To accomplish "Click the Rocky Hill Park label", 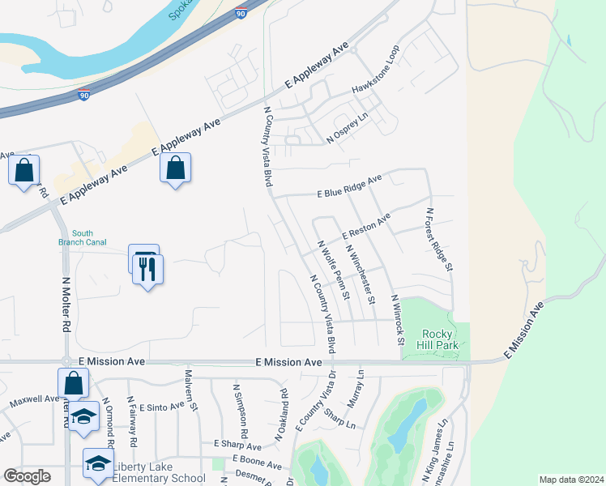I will [x=441, y=339].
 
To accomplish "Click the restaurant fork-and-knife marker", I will [x=147, y=271].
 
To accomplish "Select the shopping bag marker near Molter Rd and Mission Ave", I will [x=73, y=384].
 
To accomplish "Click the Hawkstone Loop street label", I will [x=376, y=78].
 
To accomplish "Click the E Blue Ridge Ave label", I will [x=349, y=187].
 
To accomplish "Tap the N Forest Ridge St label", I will [x=440, y=240].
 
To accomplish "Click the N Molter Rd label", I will [x=66, y=303].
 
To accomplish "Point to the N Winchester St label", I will [x=361, y=275].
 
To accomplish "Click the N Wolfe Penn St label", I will [x=334, y=270].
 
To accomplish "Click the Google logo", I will [x=27, y=476].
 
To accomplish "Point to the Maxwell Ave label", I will [x=34, y=400].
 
